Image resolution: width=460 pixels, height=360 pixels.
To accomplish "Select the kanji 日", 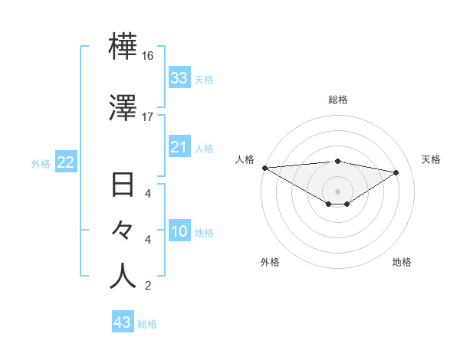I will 123,186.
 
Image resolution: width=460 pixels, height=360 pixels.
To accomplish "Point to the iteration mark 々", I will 123,230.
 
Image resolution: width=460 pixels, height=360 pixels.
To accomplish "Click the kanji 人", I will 123,277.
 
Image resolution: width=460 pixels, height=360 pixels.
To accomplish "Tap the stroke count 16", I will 148,56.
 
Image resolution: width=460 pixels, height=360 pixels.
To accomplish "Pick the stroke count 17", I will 148,117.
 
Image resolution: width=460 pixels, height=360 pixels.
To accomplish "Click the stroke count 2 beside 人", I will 147,286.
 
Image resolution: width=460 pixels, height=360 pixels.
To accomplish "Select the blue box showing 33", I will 179,78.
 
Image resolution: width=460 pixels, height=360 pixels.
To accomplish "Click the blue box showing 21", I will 179,147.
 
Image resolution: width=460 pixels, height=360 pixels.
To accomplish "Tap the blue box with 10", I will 179,232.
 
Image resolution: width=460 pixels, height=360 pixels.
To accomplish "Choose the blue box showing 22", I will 65,162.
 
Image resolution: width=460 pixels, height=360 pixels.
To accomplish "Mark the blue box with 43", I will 122,322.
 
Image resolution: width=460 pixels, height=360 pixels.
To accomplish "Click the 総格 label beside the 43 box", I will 147,324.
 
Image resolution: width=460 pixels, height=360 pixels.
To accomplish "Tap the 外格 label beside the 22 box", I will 41,163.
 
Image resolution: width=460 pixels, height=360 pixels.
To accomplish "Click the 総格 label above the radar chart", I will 338,100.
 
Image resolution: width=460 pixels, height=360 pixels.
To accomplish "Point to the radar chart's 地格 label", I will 402,262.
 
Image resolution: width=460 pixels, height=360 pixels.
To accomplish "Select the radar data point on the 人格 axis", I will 264,168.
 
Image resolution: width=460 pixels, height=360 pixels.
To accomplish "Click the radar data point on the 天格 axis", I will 396,172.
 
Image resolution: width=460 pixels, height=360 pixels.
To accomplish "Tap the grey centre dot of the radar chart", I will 337,191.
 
